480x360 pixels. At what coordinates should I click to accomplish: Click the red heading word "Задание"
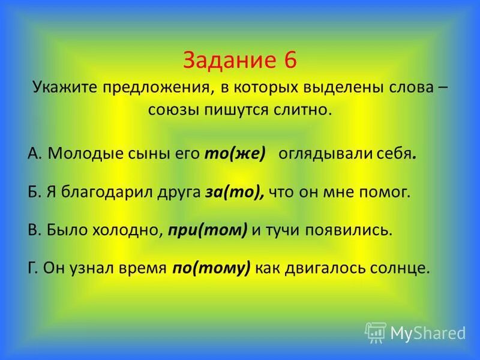point(226,61)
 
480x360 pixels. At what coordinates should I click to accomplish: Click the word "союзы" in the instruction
point(171,110)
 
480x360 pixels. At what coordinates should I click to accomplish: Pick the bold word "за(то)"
point(233,192)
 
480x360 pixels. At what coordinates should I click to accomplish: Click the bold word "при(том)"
point(208,230)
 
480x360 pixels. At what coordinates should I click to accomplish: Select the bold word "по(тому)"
point(211,268)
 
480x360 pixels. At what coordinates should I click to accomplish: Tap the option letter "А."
point(34,153)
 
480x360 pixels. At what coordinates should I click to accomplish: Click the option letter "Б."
point(34,192)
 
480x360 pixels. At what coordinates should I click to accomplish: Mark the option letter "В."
point(34,230)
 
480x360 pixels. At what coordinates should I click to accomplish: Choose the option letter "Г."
point(33,268)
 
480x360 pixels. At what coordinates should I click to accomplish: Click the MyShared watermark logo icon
point(376,332)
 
